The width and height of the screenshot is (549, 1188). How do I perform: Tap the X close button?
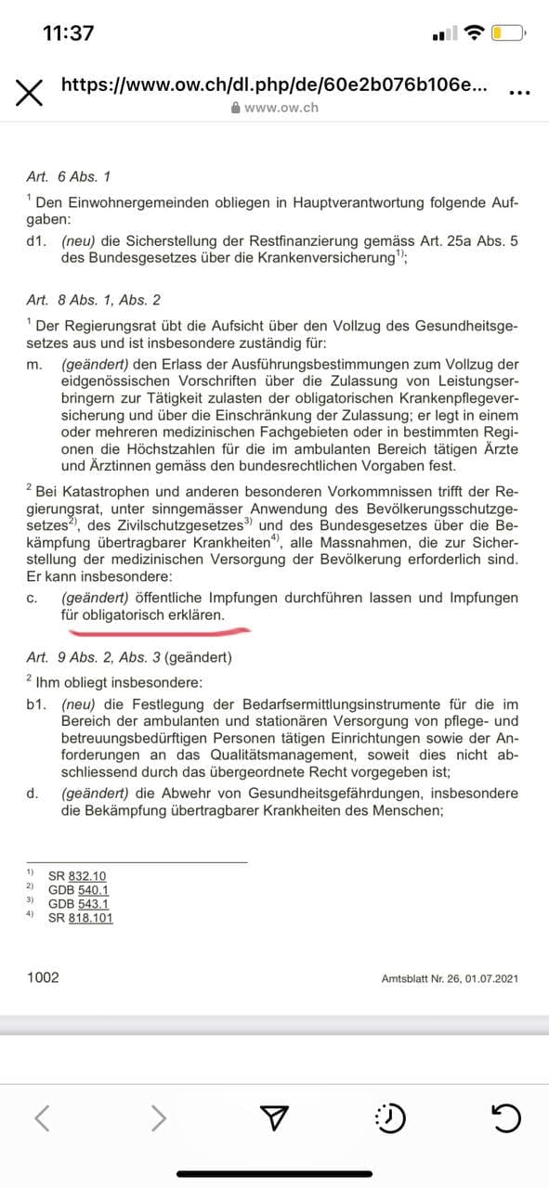(29, 93)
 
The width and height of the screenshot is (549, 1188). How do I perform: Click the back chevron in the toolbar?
(43, 1118)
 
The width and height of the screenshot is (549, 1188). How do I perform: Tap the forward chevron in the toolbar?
(160, 1118)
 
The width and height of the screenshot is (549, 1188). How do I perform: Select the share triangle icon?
(275, 1118)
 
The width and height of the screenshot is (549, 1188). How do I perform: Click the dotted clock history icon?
(390, 1118)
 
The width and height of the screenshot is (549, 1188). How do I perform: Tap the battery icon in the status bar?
(509, 34)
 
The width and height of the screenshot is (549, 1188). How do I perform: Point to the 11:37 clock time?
(68, 33)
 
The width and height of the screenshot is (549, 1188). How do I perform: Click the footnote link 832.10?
(88, 875)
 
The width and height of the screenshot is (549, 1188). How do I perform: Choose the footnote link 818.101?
(92, 917)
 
